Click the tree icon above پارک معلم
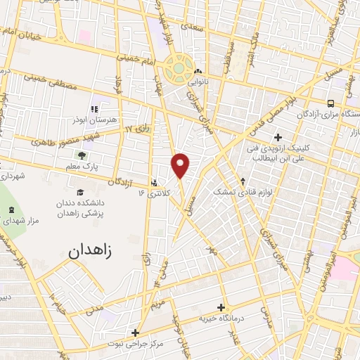pyautogui.click(x=83, y=156)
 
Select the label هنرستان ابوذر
pyautogui.click(x=92, y=120)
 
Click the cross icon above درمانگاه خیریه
pyautogui.click(x=221, y=307)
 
